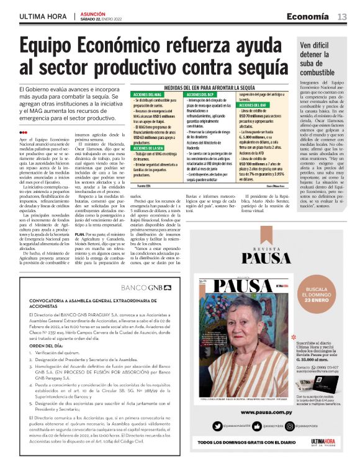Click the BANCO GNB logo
click(x=142, y=271)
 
